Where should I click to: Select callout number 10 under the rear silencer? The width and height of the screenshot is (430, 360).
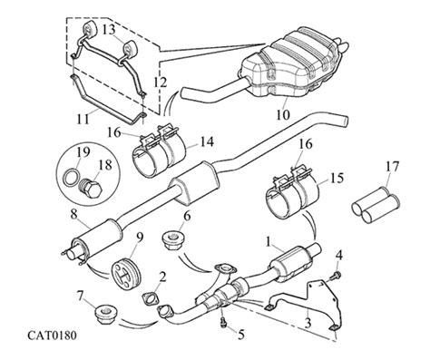(x=280, y=115)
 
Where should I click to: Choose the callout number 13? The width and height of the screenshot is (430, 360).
(x=108, y=30)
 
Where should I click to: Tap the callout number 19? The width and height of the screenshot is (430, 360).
(x=80, y=151)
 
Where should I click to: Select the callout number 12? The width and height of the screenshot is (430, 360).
(x=160, y=83)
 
